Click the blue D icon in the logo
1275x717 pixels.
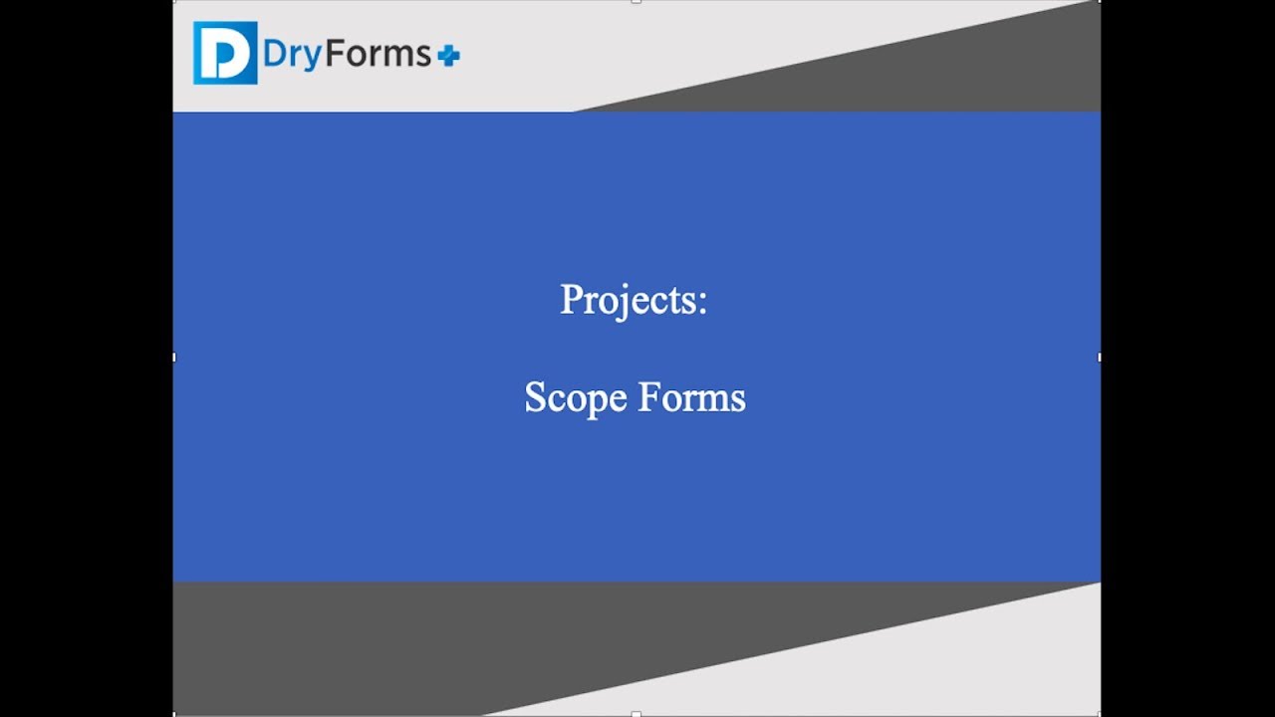[225, 53]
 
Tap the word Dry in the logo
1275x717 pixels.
[293, 55]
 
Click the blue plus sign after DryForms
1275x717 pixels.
[449, 57]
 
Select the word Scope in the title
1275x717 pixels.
[575, 398]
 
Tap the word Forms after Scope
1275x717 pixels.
[691, 397]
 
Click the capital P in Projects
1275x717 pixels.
[570, 299]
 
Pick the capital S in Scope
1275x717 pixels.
[534, 397]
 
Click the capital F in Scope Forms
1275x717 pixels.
[646, 397]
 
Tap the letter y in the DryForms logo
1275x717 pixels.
[313, 58]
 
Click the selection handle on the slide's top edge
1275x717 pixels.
[637, 2]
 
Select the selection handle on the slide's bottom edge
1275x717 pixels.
[637, 714]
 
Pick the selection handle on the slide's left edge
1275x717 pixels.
[174, 357]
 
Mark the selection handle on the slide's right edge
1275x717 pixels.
[1100, 357]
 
